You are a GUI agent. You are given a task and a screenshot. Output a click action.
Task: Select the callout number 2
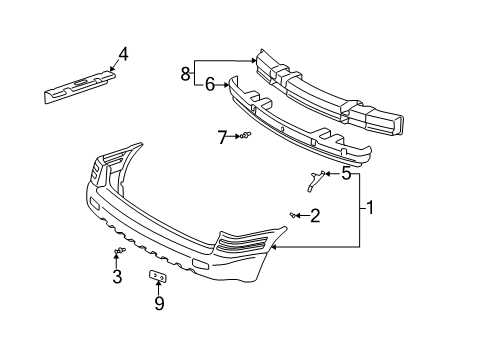click(314, 214)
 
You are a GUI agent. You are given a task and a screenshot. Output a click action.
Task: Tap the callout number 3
click(116, 276)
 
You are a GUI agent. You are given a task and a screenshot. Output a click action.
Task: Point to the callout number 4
click(123, 54)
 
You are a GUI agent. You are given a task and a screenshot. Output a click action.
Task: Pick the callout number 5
click(346, 173)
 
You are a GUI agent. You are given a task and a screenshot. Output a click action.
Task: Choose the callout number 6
click(211, 85)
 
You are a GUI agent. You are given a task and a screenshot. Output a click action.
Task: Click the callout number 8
click(184, 72)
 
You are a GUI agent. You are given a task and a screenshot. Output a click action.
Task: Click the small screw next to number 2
click(292, 214)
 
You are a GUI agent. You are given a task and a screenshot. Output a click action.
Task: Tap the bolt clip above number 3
click(117, 250)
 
